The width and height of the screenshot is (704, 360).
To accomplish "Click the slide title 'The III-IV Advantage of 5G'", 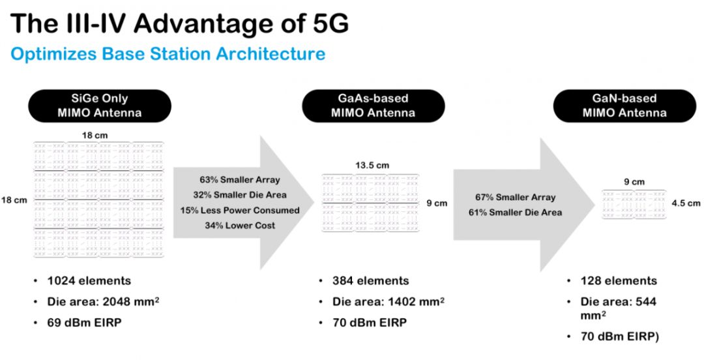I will (179, 23).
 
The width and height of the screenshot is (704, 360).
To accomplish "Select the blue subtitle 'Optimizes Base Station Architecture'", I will (168, 53).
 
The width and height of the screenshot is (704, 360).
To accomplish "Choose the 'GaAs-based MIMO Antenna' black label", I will (373, 106).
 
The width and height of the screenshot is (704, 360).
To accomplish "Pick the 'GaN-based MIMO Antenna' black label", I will (624, 106).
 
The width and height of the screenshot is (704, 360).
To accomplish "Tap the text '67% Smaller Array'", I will (516, 197).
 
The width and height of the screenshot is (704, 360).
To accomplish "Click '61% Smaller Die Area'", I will (516, 212).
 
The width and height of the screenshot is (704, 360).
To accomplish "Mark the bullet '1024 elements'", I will (89, 281).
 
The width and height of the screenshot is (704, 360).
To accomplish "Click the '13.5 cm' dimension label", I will (372, 166).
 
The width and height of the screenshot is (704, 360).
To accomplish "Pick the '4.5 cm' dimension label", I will (686, 203).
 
